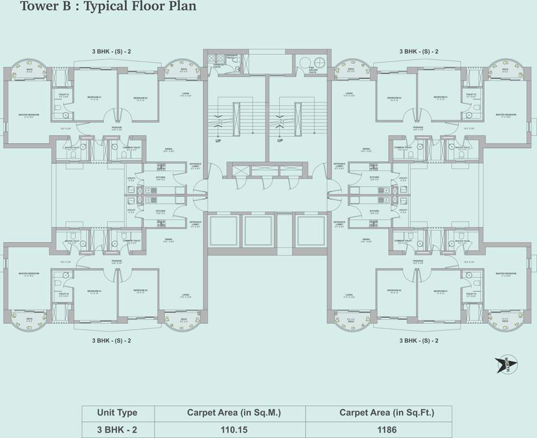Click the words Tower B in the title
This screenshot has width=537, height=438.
[43, 7]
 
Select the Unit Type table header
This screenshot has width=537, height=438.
[117, 413]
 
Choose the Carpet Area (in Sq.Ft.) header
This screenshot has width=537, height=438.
[378, 413]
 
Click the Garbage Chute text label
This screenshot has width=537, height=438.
[217, 66]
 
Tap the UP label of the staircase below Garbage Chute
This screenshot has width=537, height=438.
[218, 140]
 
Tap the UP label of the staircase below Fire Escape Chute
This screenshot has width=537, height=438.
[280, 140]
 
